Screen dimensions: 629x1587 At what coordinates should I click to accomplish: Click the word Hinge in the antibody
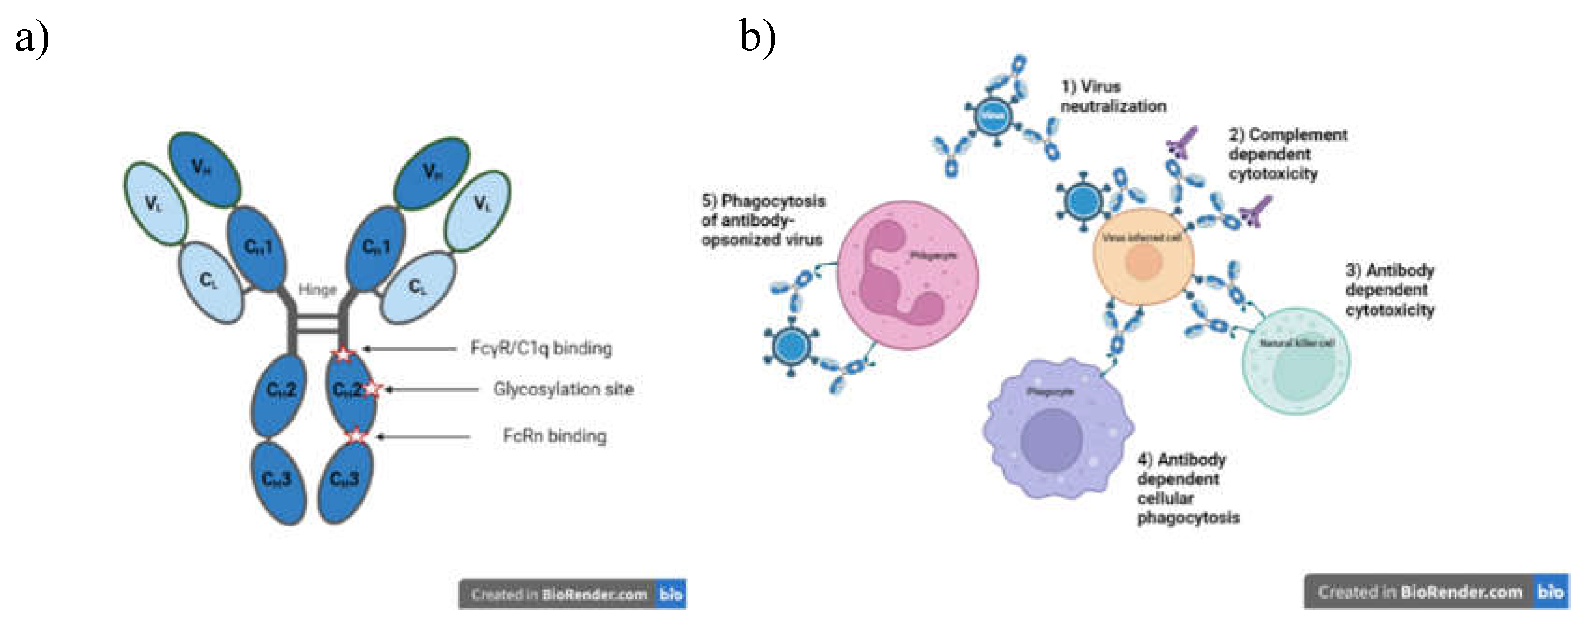pyautogui.click(x=317, y=290)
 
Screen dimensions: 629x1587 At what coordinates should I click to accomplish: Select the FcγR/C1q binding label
pyautogui.click(x=541, y=348)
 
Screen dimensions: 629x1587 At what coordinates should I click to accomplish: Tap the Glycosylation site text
pyautogui.click(x=563, y=389)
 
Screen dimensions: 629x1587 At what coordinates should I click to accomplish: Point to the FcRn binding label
pyautogui.click(x=554, y=436)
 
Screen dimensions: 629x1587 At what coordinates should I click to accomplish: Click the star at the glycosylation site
pyautogui.click(x=373, y=389)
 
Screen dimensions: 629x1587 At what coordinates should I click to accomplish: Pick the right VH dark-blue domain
pyautogui.click(x=432, y=173)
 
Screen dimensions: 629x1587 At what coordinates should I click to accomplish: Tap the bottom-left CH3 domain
pyautogui.click(x=278, y=481)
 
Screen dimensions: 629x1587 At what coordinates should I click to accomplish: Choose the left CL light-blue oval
pyautogui.click(x=209, y=282)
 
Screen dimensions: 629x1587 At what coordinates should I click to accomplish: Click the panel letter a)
pyautogui.click(x=32, y=38)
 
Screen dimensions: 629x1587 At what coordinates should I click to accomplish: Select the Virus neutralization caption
pyautogui.click(x=1112, y=96)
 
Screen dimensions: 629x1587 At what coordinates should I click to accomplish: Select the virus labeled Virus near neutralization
pyautogui.click(x=993, y=115)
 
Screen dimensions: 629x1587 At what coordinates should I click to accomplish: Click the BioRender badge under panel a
pyautogui.click(x=572, y=594)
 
